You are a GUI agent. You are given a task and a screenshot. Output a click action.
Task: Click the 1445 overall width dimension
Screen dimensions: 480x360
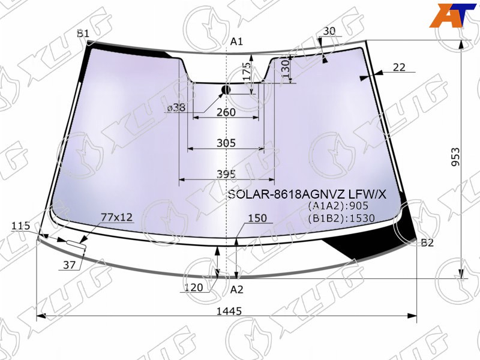[229, 311]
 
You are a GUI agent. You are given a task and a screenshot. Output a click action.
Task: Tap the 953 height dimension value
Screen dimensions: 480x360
[455, 157]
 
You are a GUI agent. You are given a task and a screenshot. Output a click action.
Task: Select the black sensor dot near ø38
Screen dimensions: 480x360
[226, 90]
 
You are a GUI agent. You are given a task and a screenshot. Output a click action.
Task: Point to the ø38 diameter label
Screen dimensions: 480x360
[176, 108]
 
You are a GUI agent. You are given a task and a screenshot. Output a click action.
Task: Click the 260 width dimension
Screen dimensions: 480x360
[226, 112]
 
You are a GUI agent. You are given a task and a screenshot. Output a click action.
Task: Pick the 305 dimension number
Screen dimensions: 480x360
[226, 143]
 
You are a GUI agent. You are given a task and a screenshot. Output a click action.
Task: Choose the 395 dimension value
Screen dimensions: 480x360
[226, 174]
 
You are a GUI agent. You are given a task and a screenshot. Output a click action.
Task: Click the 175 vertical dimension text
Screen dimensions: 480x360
[247, 72]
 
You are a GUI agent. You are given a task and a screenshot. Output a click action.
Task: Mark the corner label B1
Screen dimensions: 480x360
[83, 34]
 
